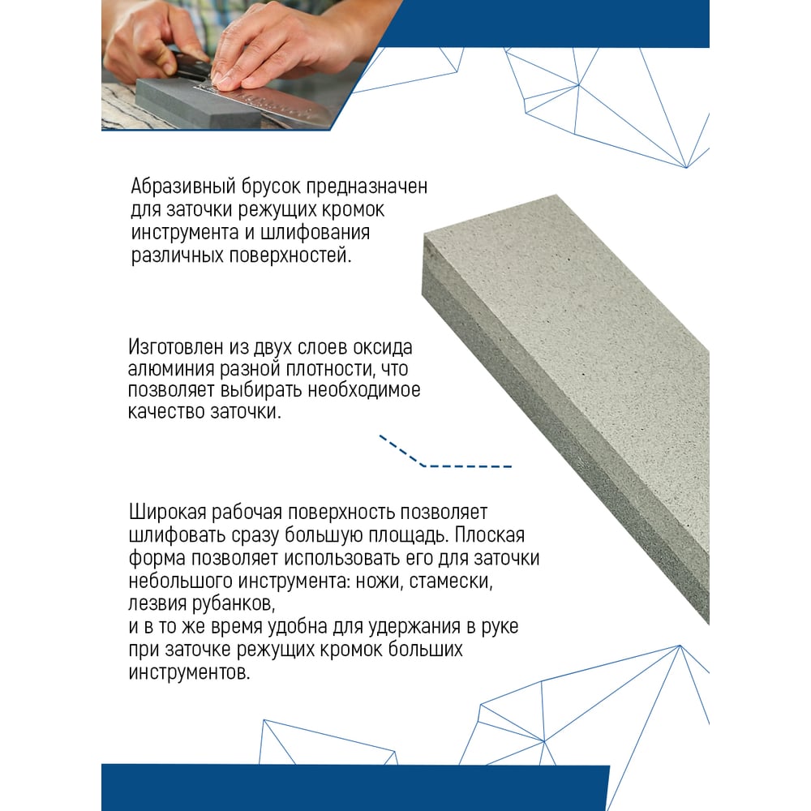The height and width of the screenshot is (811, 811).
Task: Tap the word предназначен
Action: pyautogui.click(x=367, y=187)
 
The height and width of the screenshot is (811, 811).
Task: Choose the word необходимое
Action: pyautogui.click(x=364, y=390)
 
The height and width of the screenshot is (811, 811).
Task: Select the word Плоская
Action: pyautogui.click(x=489, y=534)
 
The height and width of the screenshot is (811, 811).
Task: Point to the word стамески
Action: pyautogui.click(x=451, y=581)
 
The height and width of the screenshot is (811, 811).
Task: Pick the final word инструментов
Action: pyautogui.click(x=189, y=673)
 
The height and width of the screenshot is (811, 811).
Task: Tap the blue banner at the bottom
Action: pyautogui.click(x=355, y=787)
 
